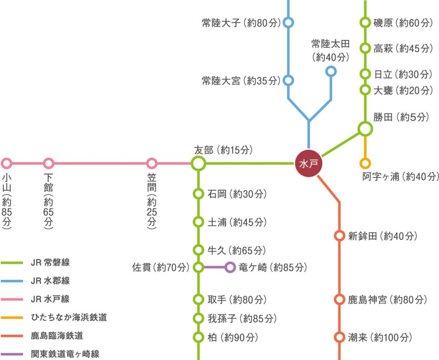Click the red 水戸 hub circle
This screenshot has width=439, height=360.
tap(308, 164)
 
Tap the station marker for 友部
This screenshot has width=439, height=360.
tap(198, 163)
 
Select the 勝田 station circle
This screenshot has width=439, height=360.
tap(365, 128)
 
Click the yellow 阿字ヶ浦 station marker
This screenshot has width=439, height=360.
tap(365, 163)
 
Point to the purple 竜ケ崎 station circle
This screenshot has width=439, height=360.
tap(230, 268)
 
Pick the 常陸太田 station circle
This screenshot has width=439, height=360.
tap(331, 71)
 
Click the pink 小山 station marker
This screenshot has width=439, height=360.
tap(6, 163)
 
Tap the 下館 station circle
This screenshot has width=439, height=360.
tap(49, 163)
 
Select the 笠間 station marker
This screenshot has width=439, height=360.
tap(152, 163)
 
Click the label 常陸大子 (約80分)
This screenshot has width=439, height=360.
tap(241, 23)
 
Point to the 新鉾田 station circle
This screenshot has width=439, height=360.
tap(340, 236)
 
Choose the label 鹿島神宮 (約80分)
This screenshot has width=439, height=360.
tap(388, 299)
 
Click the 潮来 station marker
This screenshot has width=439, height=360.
tap(340, 337)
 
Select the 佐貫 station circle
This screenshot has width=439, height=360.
tap(198, 268)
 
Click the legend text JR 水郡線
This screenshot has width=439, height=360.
tap(50, 281)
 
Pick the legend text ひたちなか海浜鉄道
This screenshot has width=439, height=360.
tap(69, 318)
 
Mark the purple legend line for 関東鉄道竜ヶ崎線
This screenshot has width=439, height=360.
tap(12, 354)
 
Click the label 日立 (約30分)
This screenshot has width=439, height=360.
tap(402, 74)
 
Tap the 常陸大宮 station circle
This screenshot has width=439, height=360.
tap(289, 80)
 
